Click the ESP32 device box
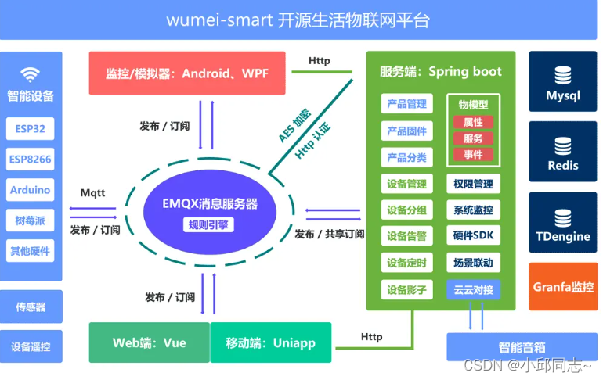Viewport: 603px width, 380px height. (31, 129)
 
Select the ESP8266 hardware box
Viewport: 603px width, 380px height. (31, 160)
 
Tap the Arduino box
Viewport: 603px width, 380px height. (31, 190)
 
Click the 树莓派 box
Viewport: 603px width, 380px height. (31, 220)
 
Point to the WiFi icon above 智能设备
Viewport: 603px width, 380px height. (31, 74)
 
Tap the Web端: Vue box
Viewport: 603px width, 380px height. (149, 342)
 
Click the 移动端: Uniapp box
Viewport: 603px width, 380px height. (270, 342)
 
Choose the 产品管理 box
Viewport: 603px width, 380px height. (406, 104)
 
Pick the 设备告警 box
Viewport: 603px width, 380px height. (406, 236)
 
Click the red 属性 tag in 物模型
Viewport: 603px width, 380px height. (473, 122)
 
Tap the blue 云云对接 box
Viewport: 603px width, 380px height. (473, 289)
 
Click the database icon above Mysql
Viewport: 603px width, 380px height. (562, 75)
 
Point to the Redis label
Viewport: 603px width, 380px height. (562, 166)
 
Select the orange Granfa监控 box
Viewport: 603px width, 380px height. (563, 287)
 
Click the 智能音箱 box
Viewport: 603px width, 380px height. (522, 346)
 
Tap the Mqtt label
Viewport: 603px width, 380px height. (92, 192)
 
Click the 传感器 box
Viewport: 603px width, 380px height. (31, 307)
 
